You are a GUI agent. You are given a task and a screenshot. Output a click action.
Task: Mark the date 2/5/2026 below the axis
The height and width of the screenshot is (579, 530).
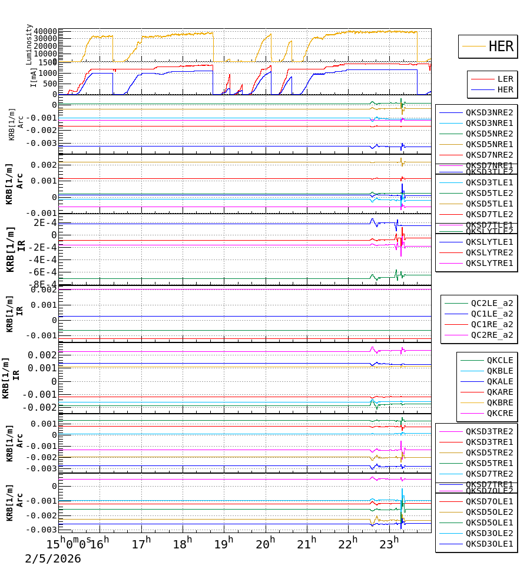pos(53,559)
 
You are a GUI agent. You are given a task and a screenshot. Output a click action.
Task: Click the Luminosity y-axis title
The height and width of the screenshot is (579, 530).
pos(29,44)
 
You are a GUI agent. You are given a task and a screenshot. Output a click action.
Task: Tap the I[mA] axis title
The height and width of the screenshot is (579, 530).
pos(34,78)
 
